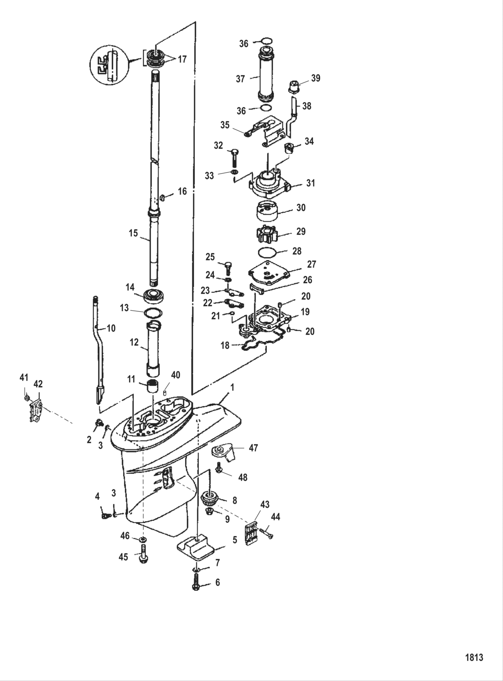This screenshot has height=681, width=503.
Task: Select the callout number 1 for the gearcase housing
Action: [232, 387]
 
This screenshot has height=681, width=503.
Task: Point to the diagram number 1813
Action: [473, 657]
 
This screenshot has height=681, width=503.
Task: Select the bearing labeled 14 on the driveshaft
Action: [155, 296]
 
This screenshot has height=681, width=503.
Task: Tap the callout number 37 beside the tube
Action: [240, 79]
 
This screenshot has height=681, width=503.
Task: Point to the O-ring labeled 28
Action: [269, 251]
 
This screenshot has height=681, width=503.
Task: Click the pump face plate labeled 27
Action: [269, 275]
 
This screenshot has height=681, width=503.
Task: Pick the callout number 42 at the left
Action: [38, 384]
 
